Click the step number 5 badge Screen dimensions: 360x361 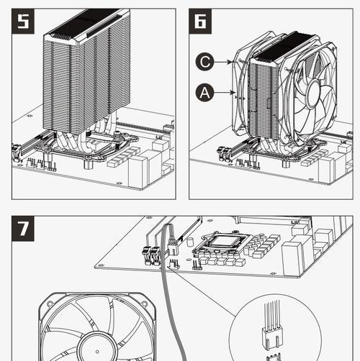23,21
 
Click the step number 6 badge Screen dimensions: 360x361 200,21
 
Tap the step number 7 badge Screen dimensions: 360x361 23,229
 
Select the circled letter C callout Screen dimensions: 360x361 204,62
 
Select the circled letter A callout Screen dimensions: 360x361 204,93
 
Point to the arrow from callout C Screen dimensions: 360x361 223,62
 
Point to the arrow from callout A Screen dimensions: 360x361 224,92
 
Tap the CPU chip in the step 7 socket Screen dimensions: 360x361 225,241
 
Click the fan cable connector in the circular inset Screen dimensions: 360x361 272,338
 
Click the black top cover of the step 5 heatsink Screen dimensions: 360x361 86,23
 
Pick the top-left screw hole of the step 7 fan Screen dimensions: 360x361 49,304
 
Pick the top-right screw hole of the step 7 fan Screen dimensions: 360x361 145,304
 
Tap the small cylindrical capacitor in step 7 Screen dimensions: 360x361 190,242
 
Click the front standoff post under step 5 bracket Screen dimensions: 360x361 89,163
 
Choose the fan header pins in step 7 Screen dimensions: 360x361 174,264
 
